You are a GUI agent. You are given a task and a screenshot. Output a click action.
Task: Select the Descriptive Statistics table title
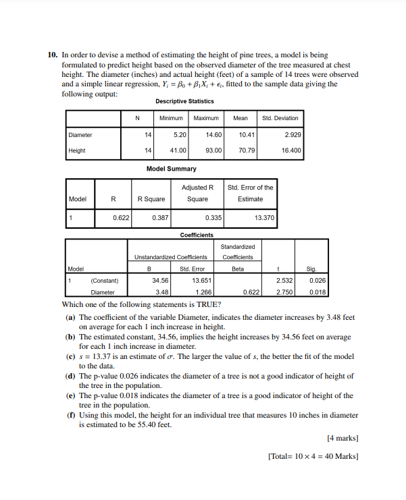pos(184,101)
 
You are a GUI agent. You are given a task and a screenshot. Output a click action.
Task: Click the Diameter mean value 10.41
pos(245,135)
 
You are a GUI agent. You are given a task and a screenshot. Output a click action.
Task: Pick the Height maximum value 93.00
pos(213,150)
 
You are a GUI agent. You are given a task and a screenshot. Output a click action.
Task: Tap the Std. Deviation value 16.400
pos(287,150)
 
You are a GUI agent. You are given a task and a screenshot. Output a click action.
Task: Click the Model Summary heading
pos(172,168)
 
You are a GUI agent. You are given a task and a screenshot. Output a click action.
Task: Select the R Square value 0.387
pos(160,219)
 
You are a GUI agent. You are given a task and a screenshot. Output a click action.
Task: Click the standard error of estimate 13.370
pos(263,219)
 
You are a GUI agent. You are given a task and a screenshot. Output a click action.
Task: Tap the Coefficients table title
pos(197,235)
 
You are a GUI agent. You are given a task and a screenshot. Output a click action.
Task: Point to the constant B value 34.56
pos(160,280)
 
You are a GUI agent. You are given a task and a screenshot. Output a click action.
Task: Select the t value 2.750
pos(284,292)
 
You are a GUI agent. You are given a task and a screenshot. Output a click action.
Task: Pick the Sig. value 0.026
pos(315,280)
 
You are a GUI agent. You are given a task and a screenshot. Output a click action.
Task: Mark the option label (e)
pos(70,395)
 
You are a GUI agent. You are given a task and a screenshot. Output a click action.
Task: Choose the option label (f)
pos(70,416)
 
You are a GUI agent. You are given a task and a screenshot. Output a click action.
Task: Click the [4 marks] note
pos(342,439)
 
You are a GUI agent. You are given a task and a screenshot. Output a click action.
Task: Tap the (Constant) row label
pos(104,280)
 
